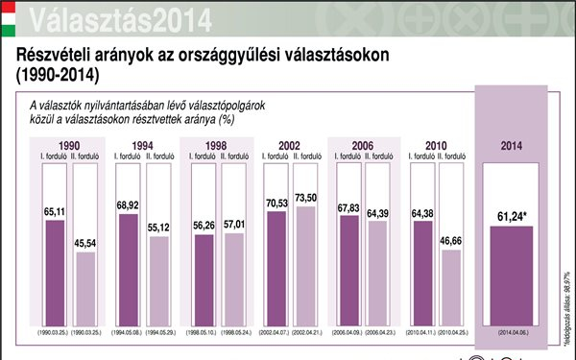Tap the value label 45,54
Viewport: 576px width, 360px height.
tap(85, 243)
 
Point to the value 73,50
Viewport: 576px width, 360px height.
tap(306, 197)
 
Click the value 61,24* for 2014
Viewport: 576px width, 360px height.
tap(512, 218)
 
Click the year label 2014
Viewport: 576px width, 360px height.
tap(512, 146)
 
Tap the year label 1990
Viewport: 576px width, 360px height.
tap(69, 145)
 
